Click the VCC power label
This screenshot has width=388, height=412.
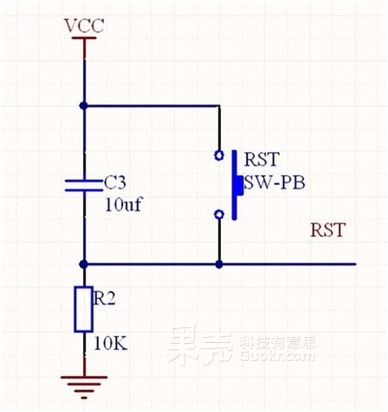point(84,26)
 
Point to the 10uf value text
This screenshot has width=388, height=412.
point(125,204)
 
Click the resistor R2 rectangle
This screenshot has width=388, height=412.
point(83,309)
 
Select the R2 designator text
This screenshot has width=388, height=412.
point(104,299)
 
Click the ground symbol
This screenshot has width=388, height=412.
point(84,384)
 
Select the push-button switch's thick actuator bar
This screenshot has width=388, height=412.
point(236,185)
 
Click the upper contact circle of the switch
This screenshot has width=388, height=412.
point(218,155)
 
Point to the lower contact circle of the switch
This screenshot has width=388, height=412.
point(218,214)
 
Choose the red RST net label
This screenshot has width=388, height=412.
point(328,230)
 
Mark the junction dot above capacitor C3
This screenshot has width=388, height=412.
point(84,105)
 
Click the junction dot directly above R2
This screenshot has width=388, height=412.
point(84,264)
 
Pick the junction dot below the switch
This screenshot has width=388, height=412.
point(218,264)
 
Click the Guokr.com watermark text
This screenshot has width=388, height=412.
point(277,356)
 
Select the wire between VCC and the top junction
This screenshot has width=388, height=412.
point(84,73)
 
